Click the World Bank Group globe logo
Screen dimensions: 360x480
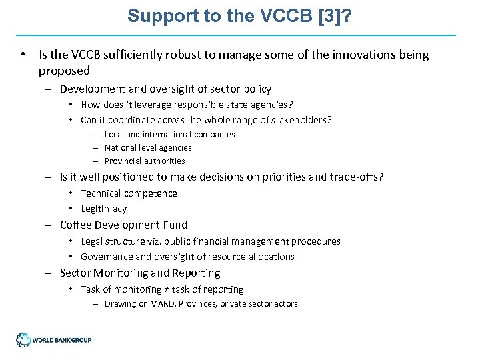tap(24, 340)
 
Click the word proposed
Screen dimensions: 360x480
tap(64, 71)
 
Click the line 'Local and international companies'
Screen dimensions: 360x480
tap(169, 134)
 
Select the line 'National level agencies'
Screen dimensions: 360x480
tap(148, 147)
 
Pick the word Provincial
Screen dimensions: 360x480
tap(123, 161)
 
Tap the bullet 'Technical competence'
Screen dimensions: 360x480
tap(129, 193)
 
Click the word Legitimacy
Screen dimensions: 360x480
tap(103, 209)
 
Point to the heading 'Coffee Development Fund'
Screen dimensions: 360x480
tap(123, 225)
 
